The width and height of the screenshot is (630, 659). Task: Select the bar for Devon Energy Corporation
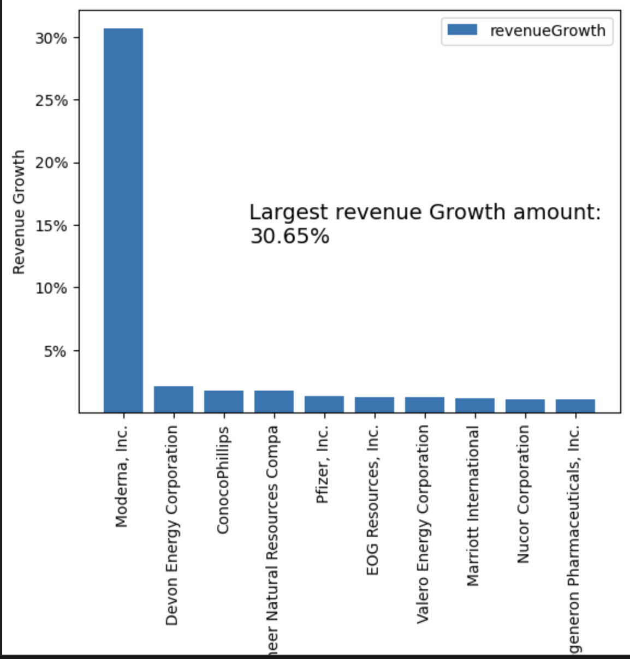click(x=174, y=399)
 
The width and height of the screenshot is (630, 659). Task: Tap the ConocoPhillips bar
click(x=224, y=402)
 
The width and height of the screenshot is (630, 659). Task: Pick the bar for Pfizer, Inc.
click(x=324, y=404)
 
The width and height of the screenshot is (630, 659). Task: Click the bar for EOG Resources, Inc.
click(x=375, y=405)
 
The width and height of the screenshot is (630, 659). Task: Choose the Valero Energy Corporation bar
click(x=425, y=405)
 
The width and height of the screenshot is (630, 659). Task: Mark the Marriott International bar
click(x=475, y=405)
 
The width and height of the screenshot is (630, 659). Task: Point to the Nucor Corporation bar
click(x=525, y=406)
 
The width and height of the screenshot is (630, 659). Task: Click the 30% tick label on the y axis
click(x=51, y=38)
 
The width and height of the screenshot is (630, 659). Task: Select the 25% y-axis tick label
click(x=51, y=100)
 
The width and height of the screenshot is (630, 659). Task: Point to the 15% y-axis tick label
click(x=51, y=226)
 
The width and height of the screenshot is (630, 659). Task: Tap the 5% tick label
click(x=55, y=351)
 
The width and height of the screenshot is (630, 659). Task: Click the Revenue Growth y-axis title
click(x=19, y=212)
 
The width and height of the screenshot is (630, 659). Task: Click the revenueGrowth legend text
click(x=548, y=31)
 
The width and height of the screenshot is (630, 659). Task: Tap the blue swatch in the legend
click(x=462, y=30)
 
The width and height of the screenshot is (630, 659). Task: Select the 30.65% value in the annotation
click(x=290, y=236)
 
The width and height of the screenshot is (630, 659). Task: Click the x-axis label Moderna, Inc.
click(x=122, y=476)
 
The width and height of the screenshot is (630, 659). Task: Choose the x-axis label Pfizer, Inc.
click(x=323, y=464)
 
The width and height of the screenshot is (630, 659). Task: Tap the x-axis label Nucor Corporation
click(x=523, y=494)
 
